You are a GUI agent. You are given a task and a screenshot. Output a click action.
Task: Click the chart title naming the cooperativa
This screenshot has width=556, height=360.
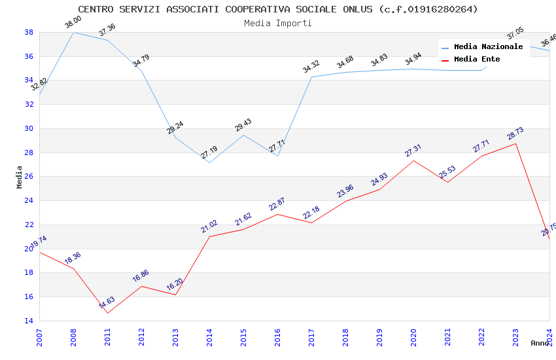tap(278, 9)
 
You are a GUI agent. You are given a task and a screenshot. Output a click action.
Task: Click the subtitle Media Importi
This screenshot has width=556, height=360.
tap(278, 23)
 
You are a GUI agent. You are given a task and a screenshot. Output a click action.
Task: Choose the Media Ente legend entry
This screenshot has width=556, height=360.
tap(477, 60)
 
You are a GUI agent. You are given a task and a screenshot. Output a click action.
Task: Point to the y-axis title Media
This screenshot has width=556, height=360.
tap(20, 177)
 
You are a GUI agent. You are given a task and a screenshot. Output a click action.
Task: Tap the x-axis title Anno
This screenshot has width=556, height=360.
tap(540, 343)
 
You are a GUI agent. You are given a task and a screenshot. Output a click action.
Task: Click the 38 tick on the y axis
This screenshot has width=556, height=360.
tap(29, 32)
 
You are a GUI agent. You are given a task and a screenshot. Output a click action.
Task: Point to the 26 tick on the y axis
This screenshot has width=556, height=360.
tap(29, 177)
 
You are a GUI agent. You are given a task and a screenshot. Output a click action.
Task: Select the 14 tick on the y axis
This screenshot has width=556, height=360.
tap(29, 321)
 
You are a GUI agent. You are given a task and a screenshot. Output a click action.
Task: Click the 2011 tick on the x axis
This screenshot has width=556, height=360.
tap(107, 338)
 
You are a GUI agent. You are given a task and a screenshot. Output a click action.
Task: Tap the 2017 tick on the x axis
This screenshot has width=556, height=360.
tap(311, 338)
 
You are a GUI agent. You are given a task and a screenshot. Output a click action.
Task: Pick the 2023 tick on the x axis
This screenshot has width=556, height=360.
tap(515, 338)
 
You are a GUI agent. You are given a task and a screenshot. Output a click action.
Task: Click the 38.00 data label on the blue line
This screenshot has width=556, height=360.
tap(73, 24)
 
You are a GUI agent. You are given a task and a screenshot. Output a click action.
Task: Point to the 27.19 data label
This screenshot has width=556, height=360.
tap(209, 154)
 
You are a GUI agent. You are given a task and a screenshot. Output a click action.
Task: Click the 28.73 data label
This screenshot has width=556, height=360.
tap(515, 134)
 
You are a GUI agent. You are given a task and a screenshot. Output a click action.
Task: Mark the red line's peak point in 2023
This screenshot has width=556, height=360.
tap(515, 143)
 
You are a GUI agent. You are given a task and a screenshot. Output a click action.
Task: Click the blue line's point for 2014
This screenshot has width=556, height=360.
tap(209, 162)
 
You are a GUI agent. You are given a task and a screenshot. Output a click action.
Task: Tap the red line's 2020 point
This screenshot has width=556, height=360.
tap(413, 160)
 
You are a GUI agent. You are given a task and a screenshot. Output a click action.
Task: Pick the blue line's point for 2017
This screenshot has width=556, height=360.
tap(311, 77)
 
